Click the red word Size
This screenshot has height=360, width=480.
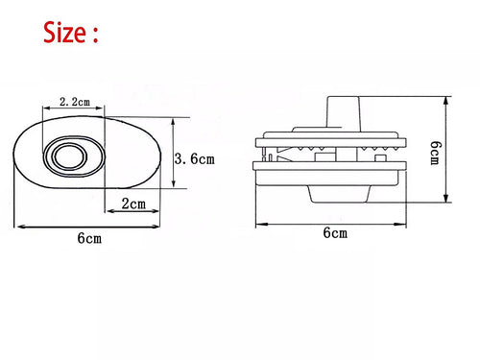pos(64,33)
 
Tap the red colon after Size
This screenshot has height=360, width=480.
pos(95,35)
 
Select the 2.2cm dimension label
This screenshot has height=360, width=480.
pos(75,102)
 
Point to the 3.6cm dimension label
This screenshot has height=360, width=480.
pos(195,158)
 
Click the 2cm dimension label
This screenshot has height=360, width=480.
pos(133,204)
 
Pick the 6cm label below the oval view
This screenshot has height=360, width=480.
pos(89,238)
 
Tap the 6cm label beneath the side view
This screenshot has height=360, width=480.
pos(335,232)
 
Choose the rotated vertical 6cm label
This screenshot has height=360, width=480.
pos(434,153)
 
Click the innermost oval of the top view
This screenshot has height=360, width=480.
pos(71,156)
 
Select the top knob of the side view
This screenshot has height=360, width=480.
pos(343,112)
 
